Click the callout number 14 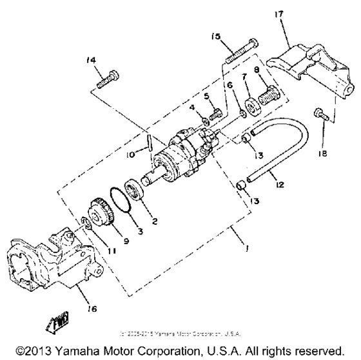[x=91, y=60]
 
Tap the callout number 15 [x=215, y=38]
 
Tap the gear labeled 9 [x=101, y=214]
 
